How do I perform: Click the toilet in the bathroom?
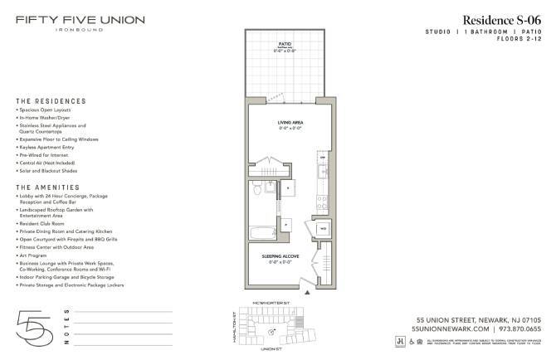point(259,190)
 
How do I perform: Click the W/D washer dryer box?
point(324,226)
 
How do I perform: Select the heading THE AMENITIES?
point(43,187)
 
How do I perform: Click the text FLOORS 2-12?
point(519,38)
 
